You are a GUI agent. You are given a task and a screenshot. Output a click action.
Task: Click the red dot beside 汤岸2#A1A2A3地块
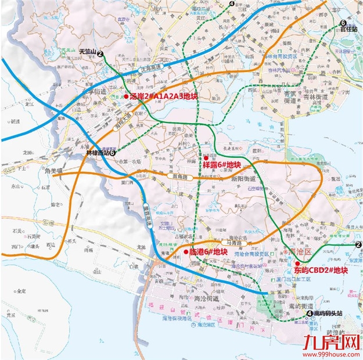[125, 96]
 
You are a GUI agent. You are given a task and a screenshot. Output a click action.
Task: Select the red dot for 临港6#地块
[186, 252]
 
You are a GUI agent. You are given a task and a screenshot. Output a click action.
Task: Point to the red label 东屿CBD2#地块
[321, 270]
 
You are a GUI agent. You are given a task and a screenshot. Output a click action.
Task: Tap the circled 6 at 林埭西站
[113, 153]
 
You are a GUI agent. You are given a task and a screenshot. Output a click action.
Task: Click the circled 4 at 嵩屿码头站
[310, 314]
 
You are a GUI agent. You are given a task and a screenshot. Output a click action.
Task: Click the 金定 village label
[20, 290]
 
